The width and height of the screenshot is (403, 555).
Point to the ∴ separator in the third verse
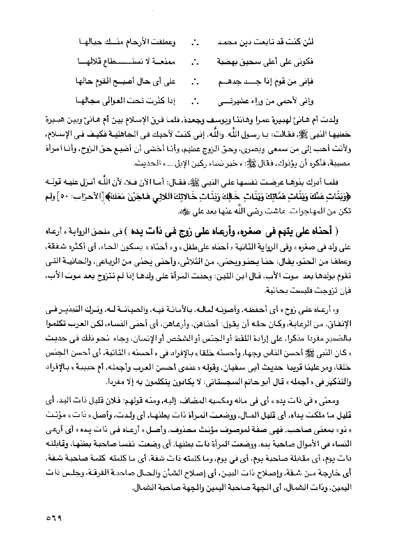click(195, 82)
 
